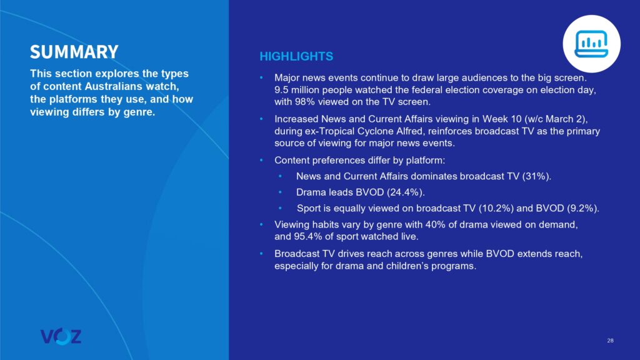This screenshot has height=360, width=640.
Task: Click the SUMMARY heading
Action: pyautogui.click(x=74, y=51)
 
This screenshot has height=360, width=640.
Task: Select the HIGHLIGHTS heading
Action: pyautogui.click(x=296, y=57)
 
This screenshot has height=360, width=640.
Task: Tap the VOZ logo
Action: pyautogui.click(x=61, y=336)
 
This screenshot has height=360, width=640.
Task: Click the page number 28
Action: pyautogui.click(x=609, y=341)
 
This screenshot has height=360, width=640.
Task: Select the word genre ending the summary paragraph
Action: pyautogui.click(x=139, y=112)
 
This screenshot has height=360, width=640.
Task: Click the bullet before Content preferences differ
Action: pyautogui.click(x=262, y=161)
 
